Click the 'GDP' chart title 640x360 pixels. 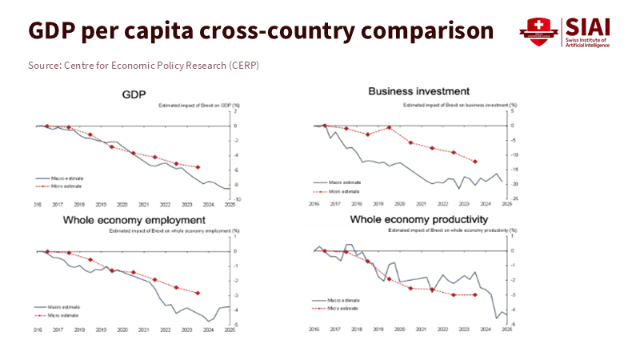(x=134, y=94)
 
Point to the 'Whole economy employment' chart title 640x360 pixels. (x=131, y=220)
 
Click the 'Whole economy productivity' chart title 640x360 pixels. (x=419, y=219)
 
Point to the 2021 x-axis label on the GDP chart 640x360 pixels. (x=143, y=206)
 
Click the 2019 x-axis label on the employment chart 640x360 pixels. (x=100, y=330)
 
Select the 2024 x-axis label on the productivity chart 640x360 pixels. (x=485, y=330)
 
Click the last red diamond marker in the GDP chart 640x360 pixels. (x=198, y=167)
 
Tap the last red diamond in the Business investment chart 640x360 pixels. (x=475, y=162)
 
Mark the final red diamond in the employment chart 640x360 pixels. (x=198, y=294)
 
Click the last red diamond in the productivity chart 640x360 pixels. (x=475, y=295)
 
